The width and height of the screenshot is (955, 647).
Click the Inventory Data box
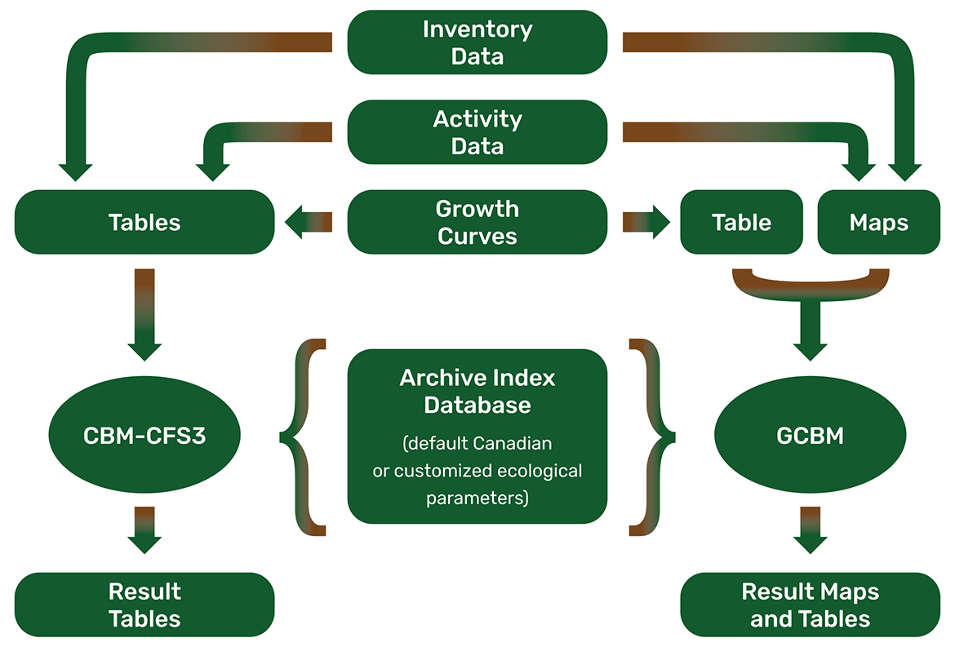[477, 42]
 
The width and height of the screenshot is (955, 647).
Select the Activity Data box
[477, 132]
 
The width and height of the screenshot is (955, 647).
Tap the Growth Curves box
[477, 222]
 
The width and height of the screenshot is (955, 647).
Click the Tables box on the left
[144, 222]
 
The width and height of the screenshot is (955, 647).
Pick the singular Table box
[741, 222]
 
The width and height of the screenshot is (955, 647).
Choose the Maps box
[879, 222]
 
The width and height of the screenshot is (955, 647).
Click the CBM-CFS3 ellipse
[144, 435]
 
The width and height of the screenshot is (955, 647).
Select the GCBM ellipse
[810, 435]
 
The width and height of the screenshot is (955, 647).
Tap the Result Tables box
[144, 605]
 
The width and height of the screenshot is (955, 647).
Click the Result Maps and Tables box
[810, 605]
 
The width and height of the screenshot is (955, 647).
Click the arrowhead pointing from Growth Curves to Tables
[294, 222]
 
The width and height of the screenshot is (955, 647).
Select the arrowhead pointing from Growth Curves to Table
[661, 222]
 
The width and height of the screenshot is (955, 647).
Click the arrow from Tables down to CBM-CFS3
[144, 315]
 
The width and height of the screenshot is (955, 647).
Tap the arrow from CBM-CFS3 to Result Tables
[144, 530]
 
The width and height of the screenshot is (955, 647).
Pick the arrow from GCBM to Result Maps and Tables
[810, 530]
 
